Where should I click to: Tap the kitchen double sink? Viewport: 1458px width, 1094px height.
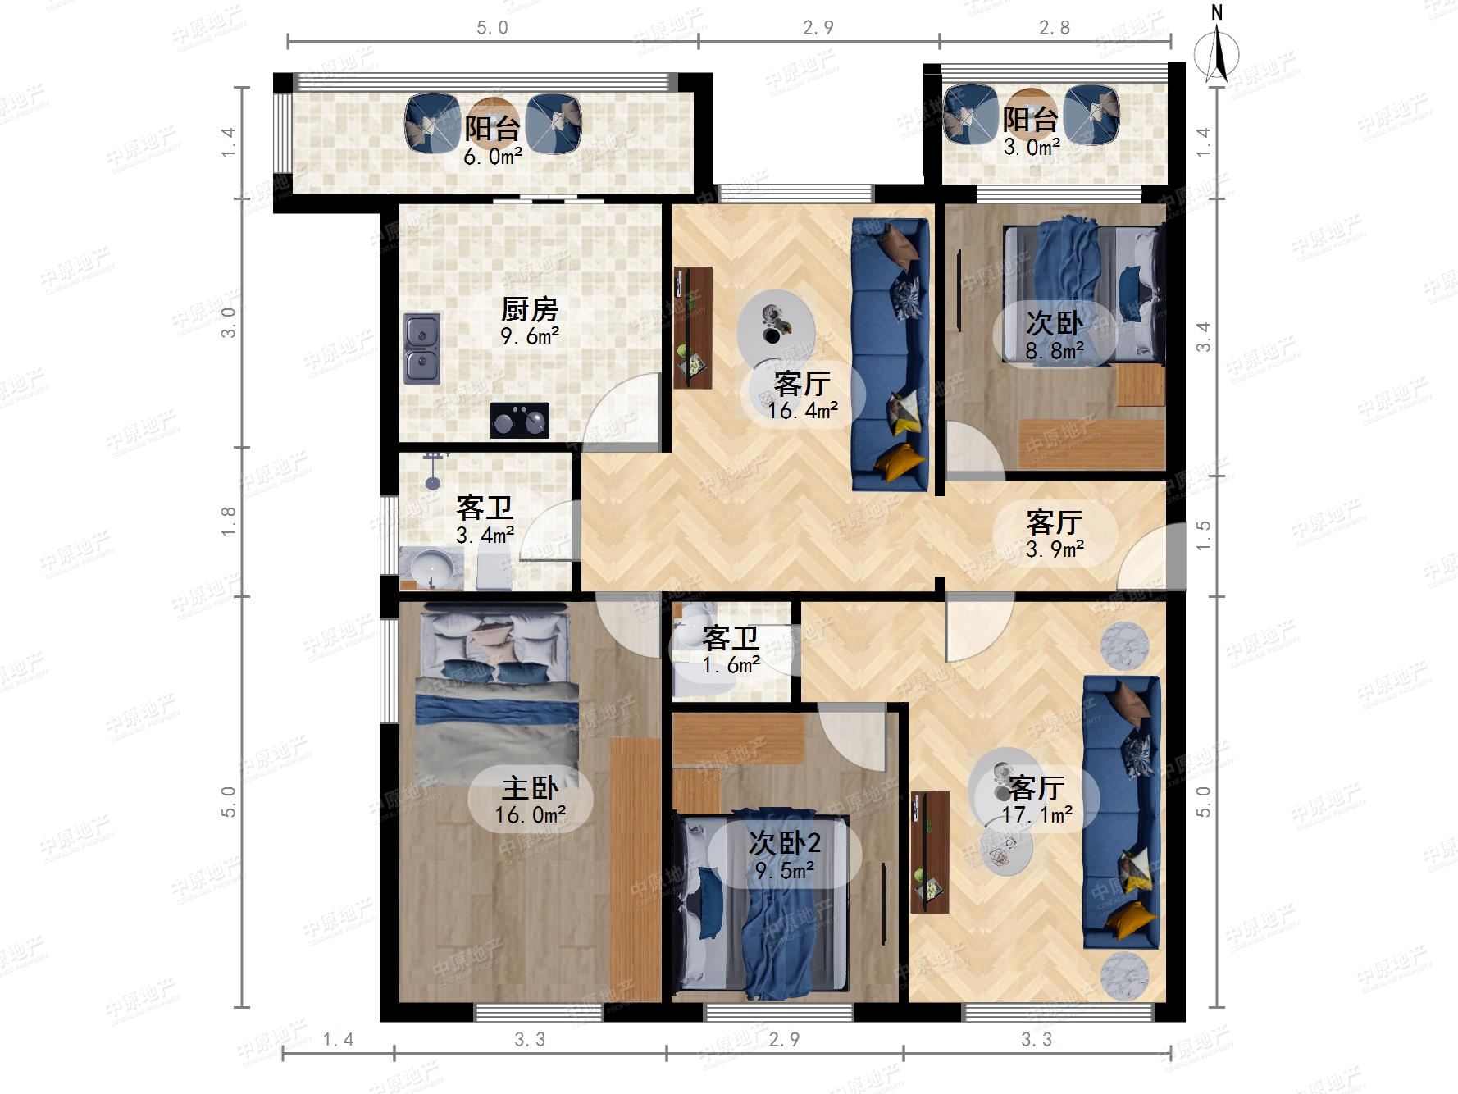point(421,349)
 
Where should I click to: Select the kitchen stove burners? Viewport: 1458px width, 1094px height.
point(520,421)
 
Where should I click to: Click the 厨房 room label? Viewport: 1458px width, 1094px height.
point(530,310)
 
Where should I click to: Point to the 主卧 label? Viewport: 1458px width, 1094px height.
point(530,788)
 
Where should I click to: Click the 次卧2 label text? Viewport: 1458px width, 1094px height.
point(785,843)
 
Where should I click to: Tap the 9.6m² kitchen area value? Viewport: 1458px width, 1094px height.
point(530,336)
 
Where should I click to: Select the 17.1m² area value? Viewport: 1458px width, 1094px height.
point(1037,814)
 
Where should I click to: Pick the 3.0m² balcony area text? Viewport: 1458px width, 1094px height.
point(1032,148)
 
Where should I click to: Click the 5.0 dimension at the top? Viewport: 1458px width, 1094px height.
point(492,28)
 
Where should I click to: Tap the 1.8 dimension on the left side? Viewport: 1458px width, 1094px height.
point(229,521)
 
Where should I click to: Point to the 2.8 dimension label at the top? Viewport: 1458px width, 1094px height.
point(1055,28)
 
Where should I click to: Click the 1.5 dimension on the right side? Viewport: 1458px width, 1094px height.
point(1203,536)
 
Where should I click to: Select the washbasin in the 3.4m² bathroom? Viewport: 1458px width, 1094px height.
point(431,568)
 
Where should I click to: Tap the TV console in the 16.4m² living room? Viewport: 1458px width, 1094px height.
point(693,327)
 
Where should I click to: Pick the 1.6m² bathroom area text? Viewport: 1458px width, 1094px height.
point(731,665)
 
